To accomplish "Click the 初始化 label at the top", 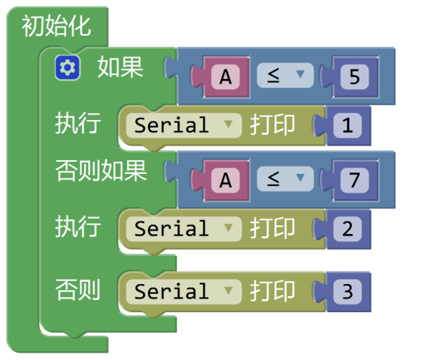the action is point(56,26).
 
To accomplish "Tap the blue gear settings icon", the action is point(68,68).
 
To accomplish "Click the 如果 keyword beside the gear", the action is point(120,67).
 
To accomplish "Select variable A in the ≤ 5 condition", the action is point(226,77).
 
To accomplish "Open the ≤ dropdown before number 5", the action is point(285,75).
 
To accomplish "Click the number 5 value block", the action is point(355,77).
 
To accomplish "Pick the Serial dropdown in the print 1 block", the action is point(183,125).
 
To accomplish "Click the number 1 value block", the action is point(348,125).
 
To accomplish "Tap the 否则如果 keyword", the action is point(101,171).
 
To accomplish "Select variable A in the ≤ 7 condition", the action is point(226,180).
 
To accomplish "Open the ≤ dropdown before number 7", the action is point(285,178).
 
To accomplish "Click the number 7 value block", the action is point(355,180).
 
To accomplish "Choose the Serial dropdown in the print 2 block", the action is point(183,229).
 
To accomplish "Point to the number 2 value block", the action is point(348,229).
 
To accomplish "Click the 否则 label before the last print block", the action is point(78,289).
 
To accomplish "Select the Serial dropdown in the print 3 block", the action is point(183,292).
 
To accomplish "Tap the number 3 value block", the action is point(348,292).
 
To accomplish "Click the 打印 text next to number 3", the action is point(272,291).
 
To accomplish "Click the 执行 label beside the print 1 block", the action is point(78,123).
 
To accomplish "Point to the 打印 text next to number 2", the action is point(272,229).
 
